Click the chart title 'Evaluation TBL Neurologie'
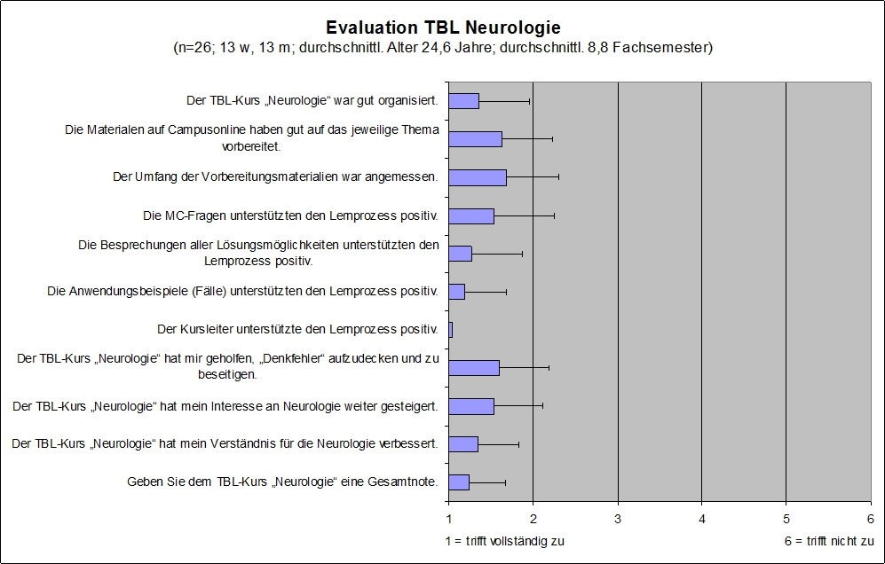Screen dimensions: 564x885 [443, 27]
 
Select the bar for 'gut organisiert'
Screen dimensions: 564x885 [463, 101]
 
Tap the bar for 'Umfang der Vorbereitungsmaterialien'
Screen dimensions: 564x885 [477, 177]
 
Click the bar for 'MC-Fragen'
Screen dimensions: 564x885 [470, 215]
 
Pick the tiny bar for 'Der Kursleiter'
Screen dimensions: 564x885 [450, 330]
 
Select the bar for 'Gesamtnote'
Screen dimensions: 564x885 [458, 482]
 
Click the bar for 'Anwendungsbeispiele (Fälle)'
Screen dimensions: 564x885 [456, 292]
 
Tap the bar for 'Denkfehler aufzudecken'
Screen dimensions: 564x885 [473, 368]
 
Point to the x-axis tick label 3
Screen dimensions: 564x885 [618, 518]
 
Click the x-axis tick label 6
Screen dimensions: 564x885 [870, 518]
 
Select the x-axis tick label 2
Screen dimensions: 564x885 [533, 518]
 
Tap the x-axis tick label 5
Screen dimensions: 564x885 [786, 518]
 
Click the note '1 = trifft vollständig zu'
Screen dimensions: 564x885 [504, 540]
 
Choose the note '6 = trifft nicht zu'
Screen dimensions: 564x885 [823, 540]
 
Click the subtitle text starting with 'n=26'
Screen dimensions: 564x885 [443, 48]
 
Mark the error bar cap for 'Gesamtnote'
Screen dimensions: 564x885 [505, 482]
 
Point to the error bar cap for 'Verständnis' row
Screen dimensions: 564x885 [518, 444]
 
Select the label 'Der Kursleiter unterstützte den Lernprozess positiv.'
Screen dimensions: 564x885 [297, 330]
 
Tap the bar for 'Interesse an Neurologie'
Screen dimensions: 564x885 [470, 406]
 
